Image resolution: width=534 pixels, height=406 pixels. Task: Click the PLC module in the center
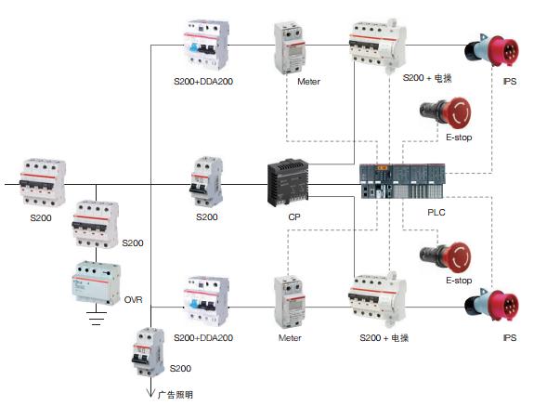(x=402, y=181)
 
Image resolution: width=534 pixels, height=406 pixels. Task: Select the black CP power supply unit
(x=288, y=182)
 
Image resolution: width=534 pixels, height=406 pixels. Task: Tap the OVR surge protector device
(x=97, y=282)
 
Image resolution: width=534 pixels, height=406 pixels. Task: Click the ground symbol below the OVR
(x=97, y=318)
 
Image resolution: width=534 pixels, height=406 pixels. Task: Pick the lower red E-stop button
(x=446, y=257)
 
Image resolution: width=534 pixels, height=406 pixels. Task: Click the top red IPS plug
(x=492, y=51)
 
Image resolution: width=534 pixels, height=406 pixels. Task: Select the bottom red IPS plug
(x=492, y=305)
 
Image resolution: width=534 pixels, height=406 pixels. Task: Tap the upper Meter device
(x=290, y=47)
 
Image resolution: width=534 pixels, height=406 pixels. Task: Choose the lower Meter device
(x=290, y=302)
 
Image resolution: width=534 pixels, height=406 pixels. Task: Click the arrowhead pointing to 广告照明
(x=150, y=393)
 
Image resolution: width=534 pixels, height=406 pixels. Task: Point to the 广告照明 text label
(x=176, y=395)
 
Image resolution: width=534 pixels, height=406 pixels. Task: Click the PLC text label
(x=436, y=212)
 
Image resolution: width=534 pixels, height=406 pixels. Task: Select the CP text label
(x=294, y=217)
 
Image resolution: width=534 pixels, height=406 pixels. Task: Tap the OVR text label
(x=133, y=300)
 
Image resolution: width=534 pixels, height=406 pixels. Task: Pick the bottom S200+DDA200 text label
(x=203, y=337)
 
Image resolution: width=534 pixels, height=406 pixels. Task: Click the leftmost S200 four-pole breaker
(x=43, y=183)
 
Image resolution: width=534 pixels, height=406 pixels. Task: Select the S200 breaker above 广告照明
(x=149, y=352)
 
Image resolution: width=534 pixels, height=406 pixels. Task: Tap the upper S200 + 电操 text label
(x=427, y=78)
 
